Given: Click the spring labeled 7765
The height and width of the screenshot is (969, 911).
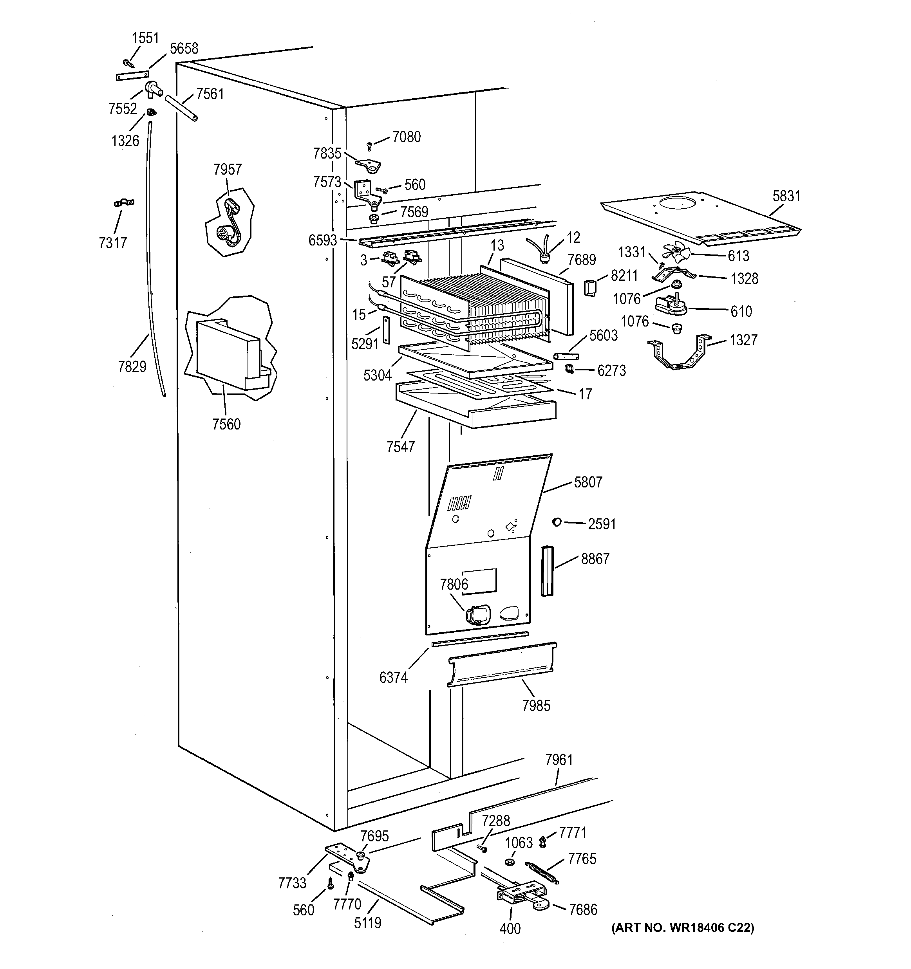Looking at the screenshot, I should tap(542, 872).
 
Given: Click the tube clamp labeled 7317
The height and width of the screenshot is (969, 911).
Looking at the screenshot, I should tap(124, 202).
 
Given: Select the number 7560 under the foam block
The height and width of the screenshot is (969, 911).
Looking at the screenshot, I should tap(226, 424).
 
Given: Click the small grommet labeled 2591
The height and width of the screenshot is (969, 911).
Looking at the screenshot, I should tap(557, 523).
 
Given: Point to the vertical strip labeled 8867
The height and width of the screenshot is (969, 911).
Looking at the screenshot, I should tap(547, 570).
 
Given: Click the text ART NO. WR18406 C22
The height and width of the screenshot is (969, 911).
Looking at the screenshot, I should tap(683, 927).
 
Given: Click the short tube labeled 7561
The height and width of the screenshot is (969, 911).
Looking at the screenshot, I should tap(181, 108).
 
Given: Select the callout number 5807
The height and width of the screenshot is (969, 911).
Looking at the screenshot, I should tap(588, 482).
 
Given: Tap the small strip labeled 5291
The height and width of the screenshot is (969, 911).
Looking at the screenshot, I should tap(387, 330).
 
